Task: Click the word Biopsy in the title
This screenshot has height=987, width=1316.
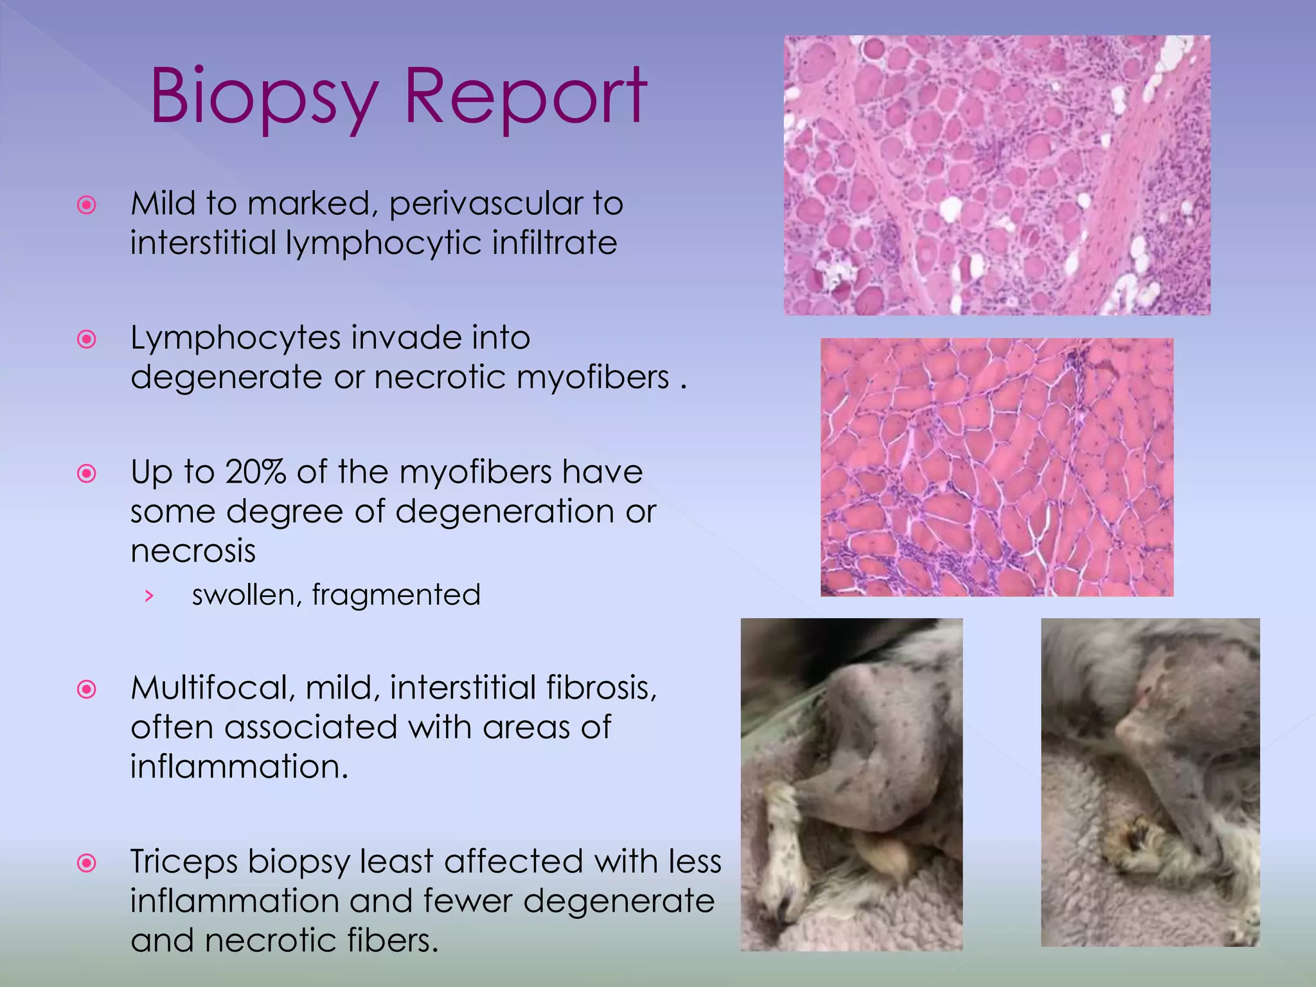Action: (263, 98)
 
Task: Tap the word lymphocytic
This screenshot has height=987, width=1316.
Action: (384, 244)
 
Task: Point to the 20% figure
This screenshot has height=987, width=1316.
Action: (255, 472)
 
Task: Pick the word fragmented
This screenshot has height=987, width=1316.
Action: (396, 594)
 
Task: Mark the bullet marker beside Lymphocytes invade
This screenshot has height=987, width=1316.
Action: (86, 339)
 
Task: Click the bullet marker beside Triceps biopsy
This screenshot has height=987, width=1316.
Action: (86, 862)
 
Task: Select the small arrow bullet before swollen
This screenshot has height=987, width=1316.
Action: (149, 596)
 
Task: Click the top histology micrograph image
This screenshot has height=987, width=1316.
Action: (997, 175)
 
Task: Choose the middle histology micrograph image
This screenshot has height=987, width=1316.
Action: (997, 467)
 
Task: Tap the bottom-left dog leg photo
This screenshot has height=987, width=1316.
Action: (851, 784)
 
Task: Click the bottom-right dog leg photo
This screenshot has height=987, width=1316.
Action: (1150, 782)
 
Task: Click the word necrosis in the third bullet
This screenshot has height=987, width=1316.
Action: (193, 551)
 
